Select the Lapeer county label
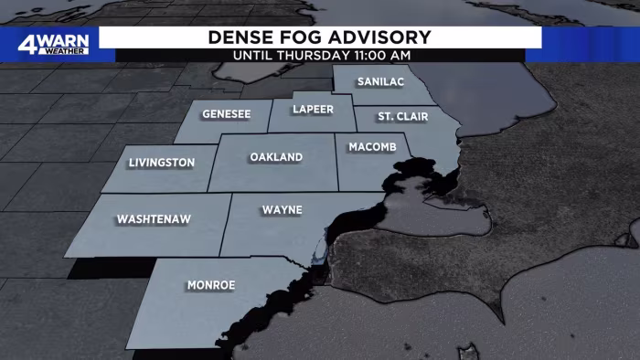coord(312,110)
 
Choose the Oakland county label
coord(276,158)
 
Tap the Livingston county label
coord(162,163)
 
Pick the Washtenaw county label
coord(152,220)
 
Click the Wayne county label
coord(283,210)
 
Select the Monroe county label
coord(211,285)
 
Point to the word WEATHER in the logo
coord(63,51)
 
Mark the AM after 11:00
coord(400,55)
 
